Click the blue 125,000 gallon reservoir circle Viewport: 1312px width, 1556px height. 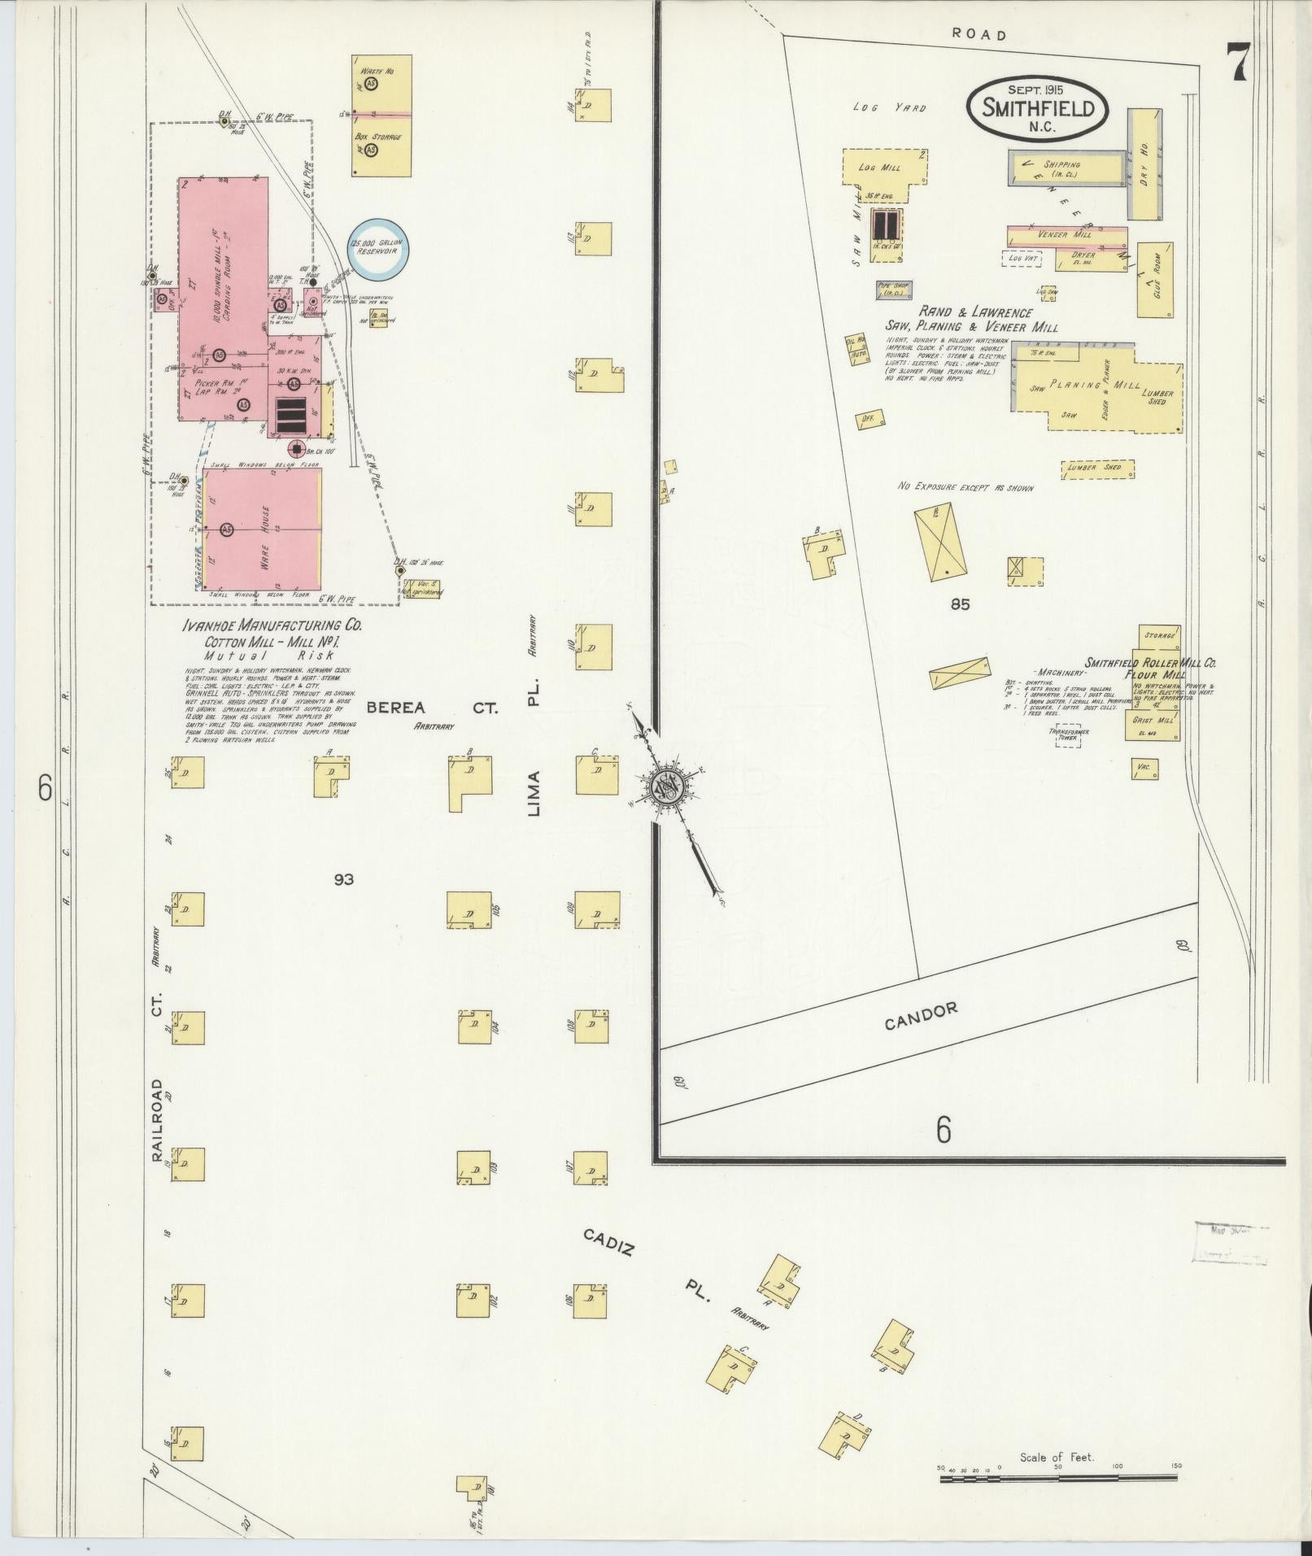(378, 247)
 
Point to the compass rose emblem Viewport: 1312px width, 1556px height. (667, 786)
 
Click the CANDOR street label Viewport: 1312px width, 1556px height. (921, 1016)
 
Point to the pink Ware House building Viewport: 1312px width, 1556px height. (262, 530)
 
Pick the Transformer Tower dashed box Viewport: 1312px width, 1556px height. (1068, 736)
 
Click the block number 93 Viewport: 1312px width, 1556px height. (343, 879)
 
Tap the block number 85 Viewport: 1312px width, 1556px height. (960, 604)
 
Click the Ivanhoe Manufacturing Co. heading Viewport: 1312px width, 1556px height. (272, 626)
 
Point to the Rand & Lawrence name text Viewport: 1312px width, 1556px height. (975, 312)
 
